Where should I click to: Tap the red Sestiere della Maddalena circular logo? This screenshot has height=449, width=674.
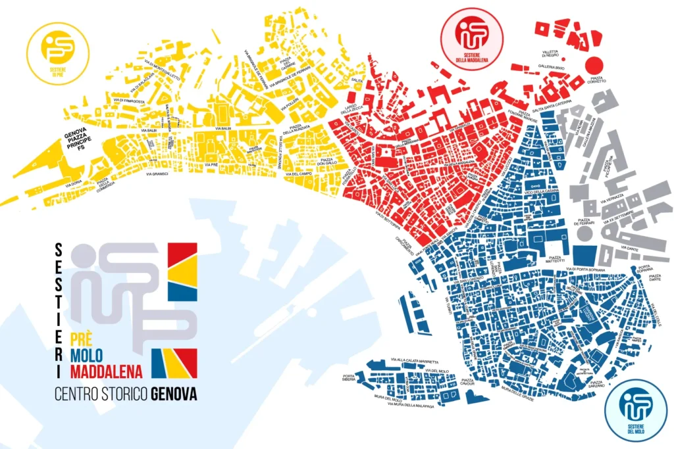tap(471, 38)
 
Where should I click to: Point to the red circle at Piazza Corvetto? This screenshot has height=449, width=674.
tap(594, 65)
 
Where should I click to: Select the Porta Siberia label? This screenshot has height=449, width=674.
tap(363, 379)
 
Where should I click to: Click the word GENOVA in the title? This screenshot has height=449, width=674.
tap(174, 394)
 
